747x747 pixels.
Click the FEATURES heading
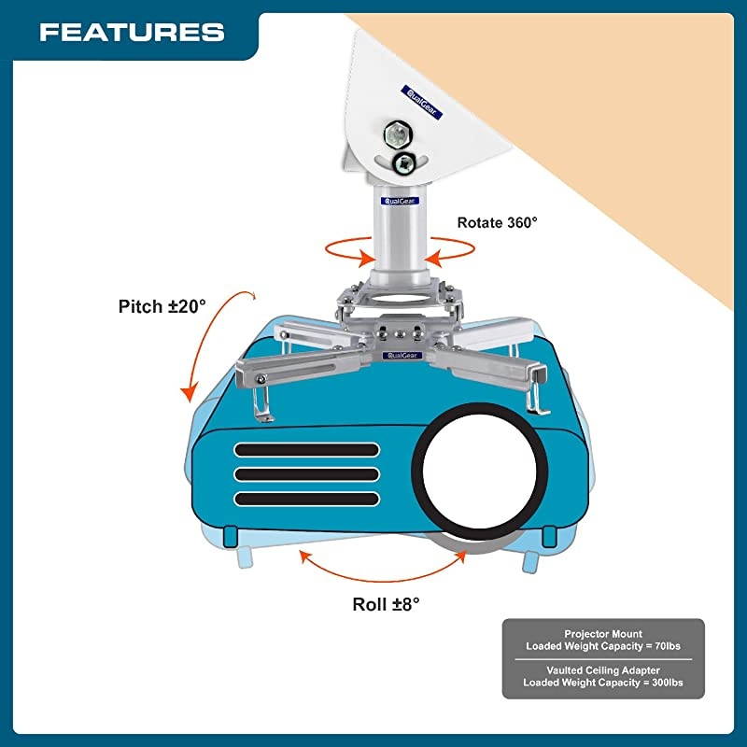(x=132, y=33)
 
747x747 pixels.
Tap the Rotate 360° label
(x=498, y=223)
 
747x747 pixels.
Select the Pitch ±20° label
(x=162, y=306)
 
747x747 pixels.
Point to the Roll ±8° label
(x=386, y=603)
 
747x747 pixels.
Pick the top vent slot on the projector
(x=306, y=450)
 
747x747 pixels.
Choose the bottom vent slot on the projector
(x=306, y=500)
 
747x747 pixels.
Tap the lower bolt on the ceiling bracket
(x=403, y=165)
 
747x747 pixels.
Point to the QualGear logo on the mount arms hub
(x=401, y=356)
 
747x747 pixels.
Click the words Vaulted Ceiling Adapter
(x=603, y=669)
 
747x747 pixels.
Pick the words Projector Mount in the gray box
(x=603, y=633)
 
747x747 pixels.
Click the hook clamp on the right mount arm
(x=536, y=392)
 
